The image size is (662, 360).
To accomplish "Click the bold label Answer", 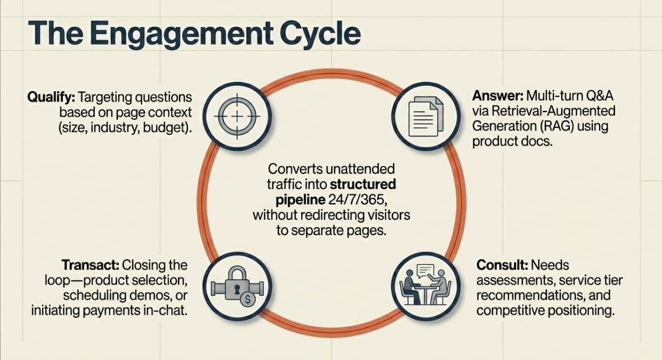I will pyautogui.click(x=496, y=96).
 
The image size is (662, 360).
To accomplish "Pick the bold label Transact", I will pyautogui.click(x=90, y=265).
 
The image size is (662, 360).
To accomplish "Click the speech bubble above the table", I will pyautogui.click(x=425, y=271).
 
